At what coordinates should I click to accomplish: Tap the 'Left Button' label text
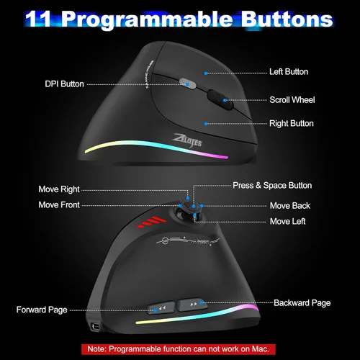[289, 72]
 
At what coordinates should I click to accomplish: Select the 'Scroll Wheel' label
[292, 100]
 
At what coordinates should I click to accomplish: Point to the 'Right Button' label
[291, 124]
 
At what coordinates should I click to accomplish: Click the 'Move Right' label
[59, 190]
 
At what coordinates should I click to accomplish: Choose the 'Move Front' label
[59, 205]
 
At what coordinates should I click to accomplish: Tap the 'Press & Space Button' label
[272, 185]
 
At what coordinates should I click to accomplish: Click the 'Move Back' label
[289, 206]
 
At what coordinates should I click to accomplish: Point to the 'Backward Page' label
[302, 303]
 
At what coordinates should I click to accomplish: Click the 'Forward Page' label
[42, 310]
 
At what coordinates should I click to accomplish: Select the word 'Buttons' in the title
[287, 19]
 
